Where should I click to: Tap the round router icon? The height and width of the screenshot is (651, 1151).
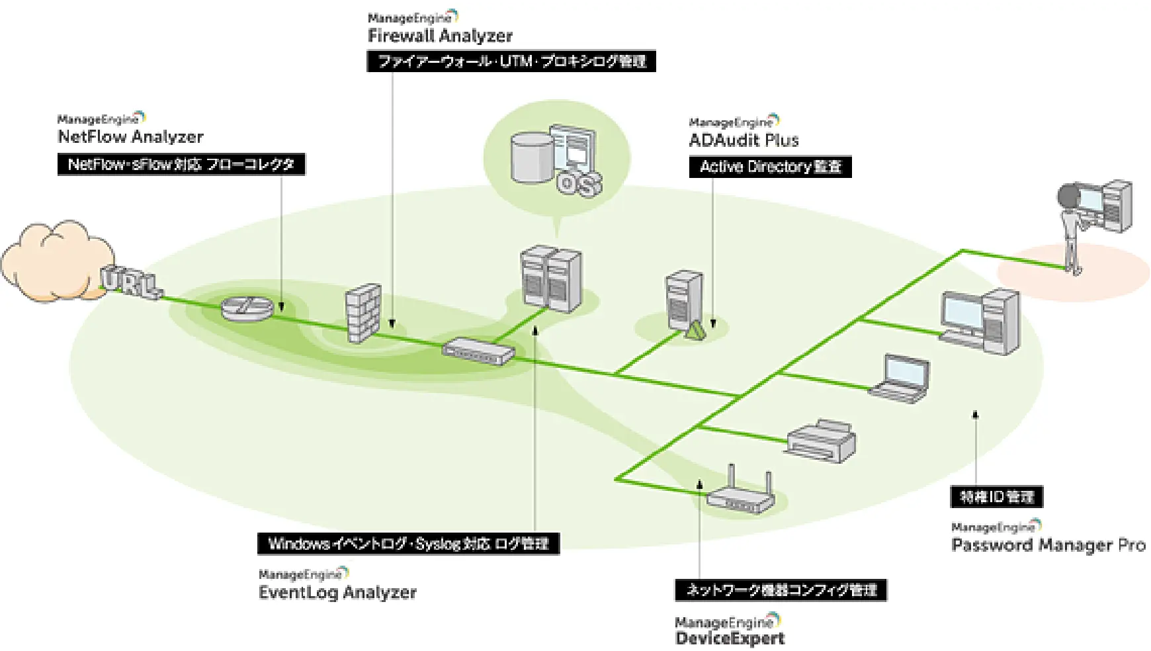click(247, 308)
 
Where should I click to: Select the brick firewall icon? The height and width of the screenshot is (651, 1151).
click(364, 313)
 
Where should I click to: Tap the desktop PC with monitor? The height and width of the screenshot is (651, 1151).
click(980, 320)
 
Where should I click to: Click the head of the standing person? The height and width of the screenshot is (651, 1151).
click(1068, 197)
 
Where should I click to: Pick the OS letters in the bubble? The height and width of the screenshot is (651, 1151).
click(579, 183)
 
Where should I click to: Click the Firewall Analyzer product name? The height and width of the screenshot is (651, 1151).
click(440, 36)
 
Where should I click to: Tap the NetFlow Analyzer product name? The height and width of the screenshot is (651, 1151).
click(130, 137)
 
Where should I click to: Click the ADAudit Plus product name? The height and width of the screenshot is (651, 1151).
click(744, 140)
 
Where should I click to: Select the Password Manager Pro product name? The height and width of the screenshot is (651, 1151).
click(1048, 545)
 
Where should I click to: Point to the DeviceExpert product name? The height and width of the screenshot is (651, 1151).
click(730, 638)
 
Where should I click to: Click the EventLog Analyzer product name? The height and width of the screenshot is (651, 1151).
click(337, 592)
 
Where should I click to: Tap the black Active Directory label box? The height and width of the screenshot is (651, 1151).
click(770, 167)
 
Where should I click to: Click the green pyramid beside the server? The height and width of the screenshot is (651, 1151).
click(694, 330)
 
